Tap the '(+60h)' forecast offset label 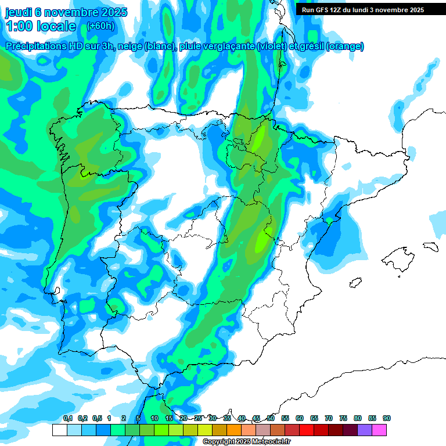100,26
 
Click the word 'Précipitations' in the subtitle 35,46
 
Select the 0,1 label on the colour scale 68,418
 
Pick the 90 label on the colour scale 386,418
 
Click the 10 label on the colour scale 154,418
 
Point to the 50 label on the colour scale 271,418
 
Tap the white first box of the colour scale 59,430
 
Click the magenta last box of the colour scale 379,430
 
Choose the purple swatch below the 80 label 365,430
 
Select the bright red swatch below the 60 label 307,430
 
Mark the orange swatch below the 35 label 234,430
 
